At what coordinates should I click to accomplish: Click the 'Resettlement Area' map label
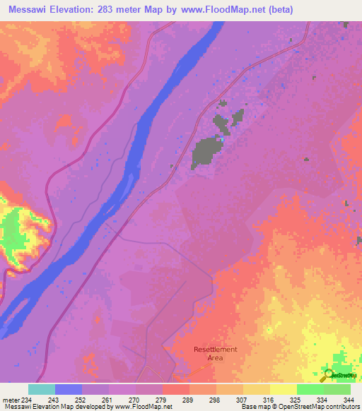[x=216, y=354]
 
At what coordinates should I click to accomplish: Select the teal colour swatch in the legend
[x=42, y=389]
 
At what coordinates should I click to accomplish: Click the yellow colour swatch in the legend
[x=283, y=389]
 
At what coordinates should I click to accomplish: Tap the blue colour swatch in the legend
[x=69, y=389]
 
